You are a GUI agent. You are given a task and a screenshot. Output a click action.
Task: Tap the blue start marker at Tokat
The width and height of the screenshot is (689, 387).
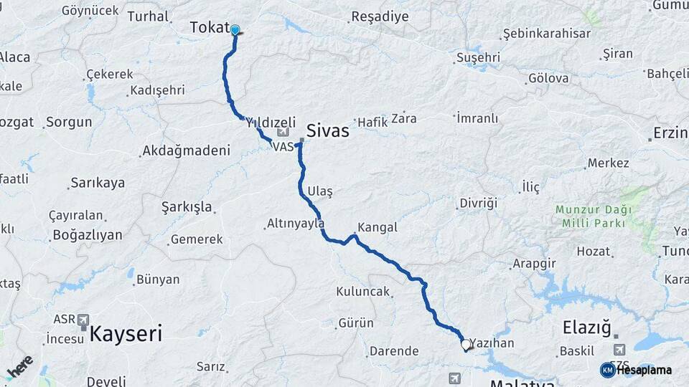tap(235, 30)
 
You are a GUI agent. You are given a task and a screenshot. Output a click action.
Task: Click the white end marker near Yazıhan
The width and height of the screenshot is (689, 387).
tap(465, 345)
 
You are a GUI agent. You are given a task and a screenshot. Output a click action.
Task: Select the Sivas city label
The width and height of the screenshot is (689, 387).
tap(327, 131)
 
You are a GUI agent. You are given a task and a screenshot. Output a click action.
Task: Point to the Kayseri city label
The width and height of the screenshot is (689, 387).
tap(126, 333)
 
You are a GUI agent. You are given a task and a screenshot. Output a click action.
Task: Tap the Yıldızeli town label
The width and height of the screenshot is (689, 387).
tap(271, 123)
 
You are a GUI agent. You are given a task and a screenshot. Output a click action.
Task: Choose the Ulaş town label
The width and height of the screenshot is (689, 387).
tap(319, 191)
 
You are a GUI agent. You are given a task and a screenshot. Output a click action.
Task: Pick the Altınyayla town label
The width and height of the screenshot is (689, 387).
tap(296, 224)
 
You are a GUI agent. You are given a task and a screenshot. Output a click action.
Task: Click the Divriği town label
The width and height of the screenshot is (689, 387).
tap(479, 203)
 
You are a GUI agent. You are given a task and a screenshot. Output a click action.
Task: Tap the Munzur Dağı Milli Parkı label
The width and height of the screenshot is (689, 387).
tap(594, 216)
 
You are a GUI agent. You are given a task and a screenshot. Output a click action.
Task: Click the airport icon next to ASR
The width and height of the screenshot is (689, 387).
tap(83, 319)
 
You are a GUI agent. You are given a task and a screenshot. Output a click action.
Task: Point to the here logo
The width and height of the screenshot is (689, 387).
tap(20, 366)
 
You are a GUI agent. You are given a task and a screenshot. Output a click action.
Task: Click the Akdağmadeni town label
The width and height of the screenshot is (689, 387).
tap(186, 150)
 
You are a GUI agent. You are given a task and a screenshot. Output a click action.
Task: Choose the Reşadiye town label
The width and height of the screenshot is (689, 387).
tap(380, 16)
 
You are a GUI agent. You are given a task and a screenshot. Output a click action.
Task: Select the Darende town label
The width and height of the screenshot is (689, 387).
tap(393, 351)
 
